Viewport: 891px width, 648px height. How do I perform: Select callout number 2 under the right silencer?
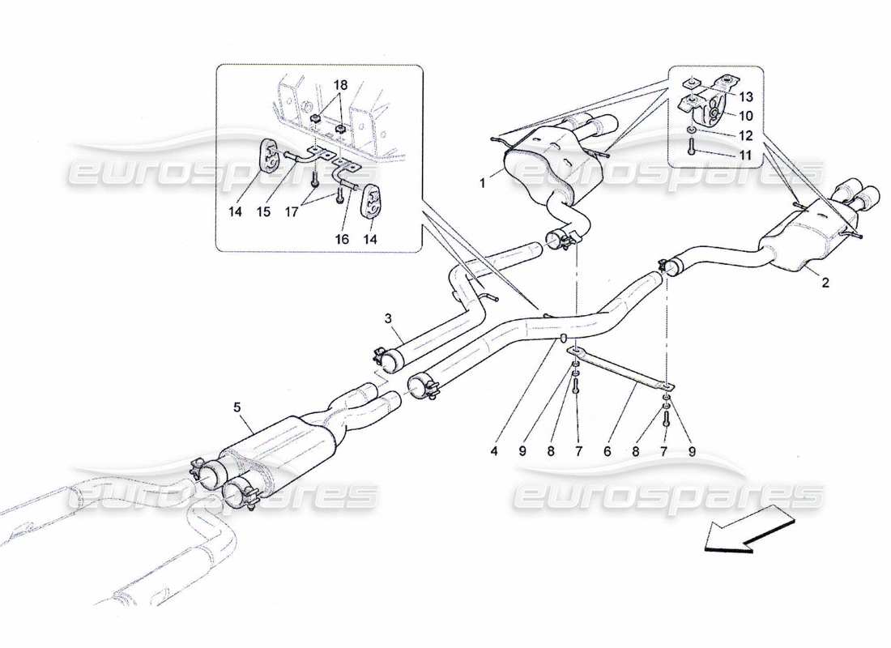[825, 283]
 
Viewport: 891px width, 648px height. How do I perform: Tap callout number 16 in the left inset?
[340, 239]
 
